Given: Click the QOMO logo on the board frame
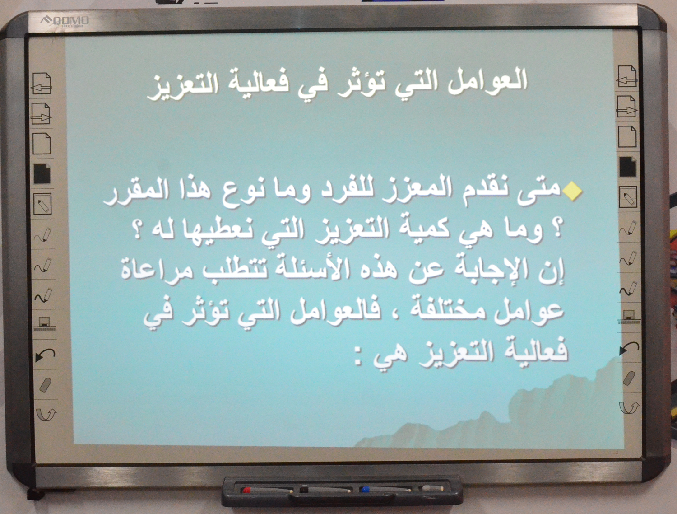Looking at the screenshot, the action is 65,21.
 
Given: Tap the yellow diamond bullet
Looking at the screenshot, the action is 572,192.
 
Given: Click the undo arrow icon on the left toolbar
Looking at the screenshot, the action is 45,355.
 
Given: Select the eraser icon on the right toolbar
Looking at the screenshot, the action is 629,378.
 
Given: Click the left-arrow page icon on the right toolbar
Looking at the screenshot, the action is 627,76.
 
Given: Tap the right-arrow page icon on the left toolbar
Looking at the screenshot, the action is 42,113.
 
